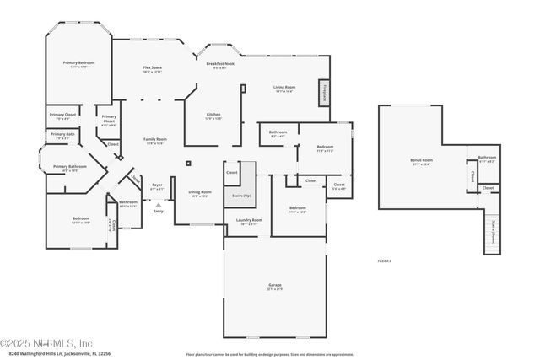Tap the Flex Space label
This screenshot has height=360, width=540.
152,69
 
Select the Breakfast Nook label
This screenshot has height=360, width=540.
220,65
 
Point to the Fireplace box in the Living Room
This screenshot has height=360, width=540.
323,93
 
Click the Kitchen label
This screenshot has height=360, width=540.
213,116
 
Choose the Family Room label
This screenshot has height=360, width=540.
154,140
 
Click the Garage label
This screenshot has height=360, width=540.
275,287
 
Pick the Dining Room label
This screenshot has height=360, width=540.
200,193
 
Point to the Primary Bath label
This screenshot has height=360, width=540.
63,135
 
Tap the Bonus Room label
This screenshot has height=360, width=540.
421,161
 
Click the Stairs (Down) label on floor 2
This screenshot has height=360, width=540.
492,233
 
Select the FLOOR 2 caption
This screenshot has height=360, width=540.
384,262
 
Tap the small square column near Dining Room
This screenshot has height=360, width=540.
188,163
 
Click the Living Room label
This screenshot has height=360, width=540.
283,88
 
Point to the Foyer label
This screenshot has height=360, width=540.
157,185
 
